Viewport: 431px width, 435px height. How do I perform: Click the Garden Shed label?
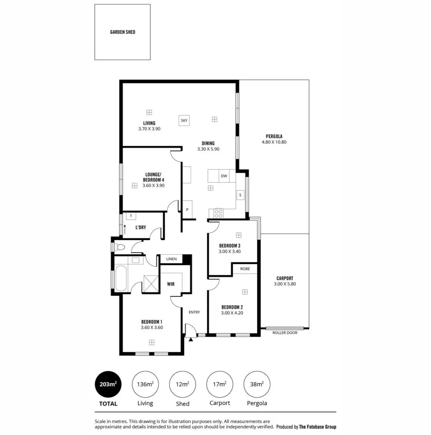(x=123, y=32)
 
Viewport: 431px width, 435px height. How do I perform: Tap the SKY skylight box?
(x=184, y=120)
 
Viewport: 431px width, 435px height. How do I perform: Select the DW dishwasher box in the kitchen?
(x=224, y=176)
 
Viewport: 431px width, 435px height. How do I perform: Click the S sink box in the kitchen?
(x=240, y=195)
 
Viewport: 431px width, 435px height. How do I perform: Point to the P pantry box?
(x=187, y=209)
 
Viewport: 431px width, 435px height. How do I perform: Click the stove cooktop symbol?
(x=219, y=213)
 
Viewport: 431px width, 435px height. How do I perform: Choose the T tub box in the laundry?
(x=130, y=216)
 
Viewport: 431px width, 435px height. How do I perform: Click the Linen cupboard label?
(x=171, y=259)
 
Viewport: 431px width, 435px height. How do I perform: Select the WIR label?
(x=171, y=284)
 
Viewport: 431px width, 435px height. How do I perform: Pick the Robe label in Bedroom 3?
(x=245, y=268)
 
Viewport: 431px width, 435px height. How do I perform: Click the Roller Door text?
(x=285, y=333)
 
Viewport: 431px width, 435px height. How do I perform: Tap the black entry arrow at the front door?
(x=191, y=339)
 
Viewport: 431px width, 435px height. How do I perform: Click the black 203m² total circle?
(x=108, y=384)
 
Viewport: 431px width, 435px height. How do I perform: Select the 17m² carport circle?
(x=220, y=384)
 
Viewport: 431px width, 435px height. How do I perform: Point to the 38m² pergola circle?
(x=257, y=384)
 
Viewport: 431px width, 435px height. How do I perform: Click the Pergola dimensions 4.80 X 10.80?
(x=274, y=142)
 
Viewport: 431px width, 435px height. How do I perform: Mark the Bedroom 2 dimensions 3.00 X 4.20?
(x=232, y=313)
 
